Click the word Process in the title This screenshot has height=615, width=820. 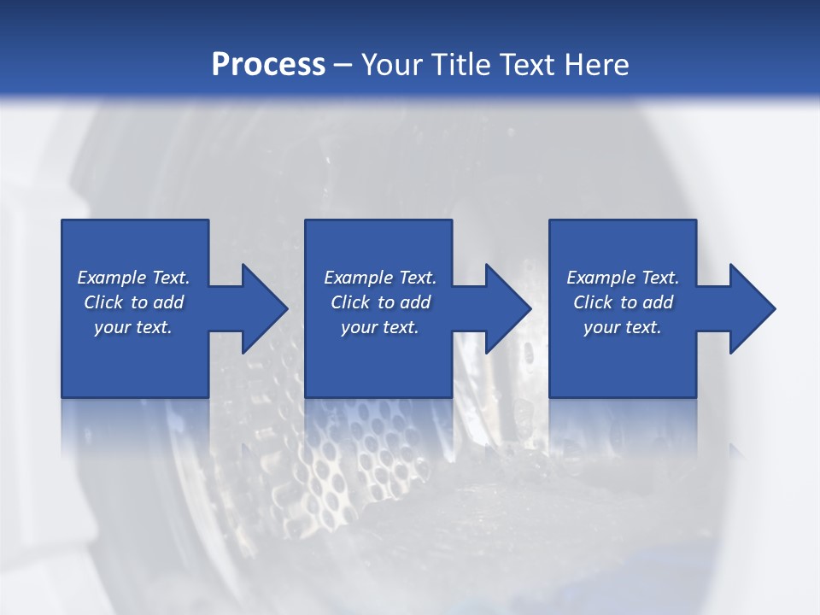click(268, 65)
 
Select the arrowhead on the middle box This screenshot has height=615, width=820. click(507, 308)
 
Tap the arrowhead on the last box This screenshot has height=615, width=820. click(752, 308)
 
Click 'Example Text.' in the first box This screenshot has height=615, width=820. click(133, 278)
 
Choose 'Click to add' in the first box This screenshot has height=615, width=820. click(133, 302)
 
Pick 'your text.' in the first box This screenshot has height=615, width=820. click(133, 327)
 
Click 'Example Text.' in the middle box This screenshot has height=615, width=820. click(380, 278)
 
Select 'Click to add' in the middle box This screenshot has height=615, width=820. click(380, 302)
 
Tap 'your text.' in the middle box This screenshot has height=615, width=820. click(380, 327)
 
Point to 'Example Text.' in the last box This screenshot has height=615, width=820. click(623, 278)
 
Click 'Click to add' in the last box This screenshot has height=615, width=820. click(623, 302)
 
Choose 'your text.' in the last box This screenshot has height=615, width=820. click(623, 327)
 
